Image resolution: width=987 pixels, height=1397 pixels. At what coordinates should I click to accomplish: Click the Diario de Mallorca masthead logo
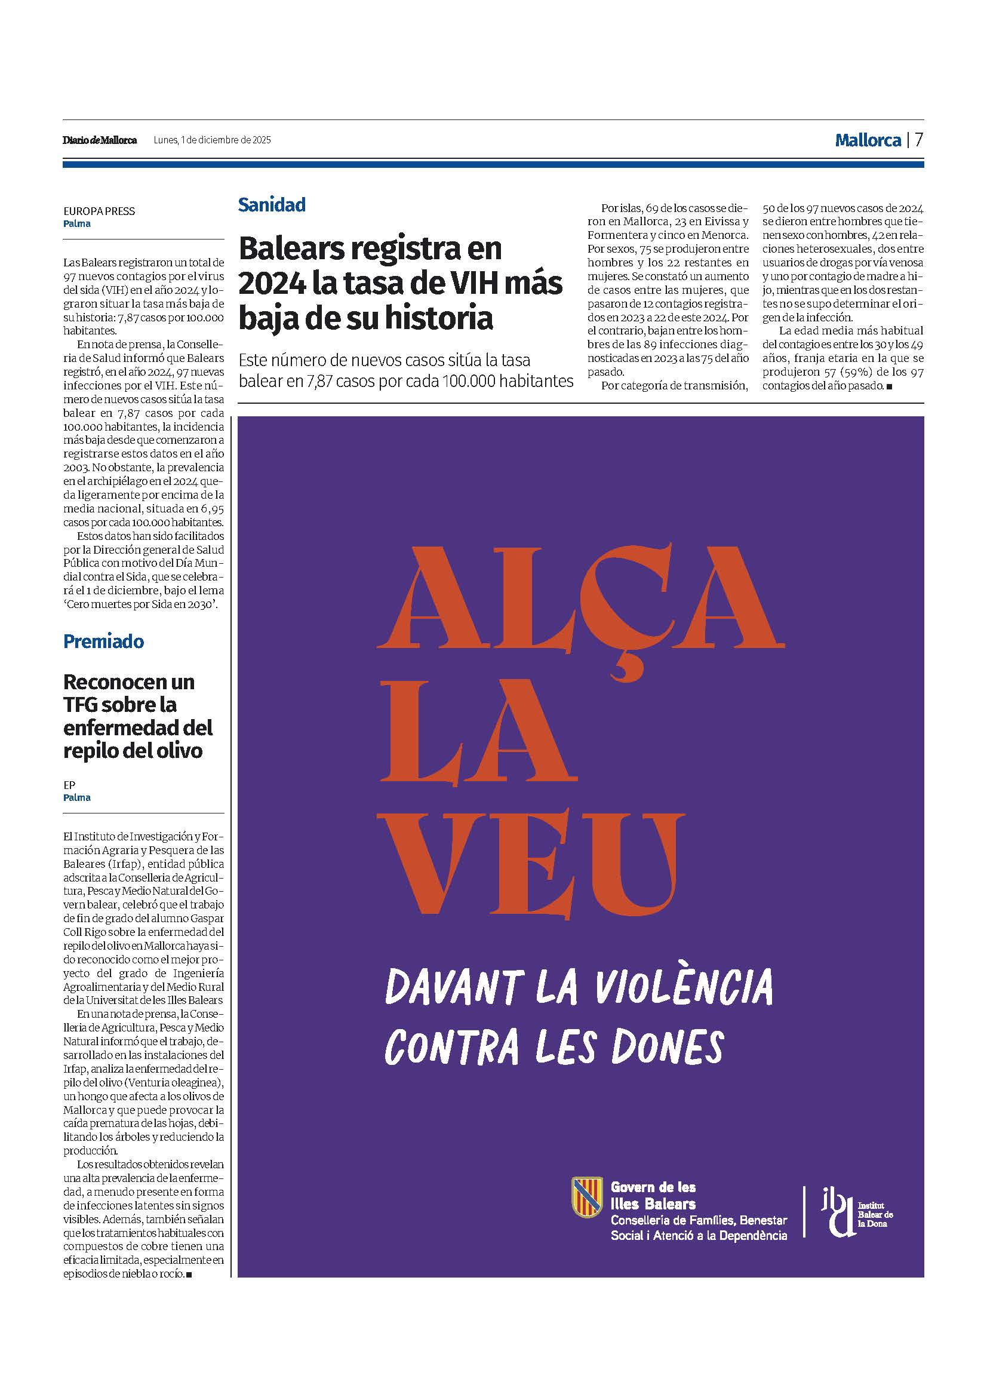(x=100, y=140)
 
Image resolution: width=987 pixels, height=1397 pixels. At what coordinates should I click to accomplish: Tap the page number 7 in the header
(x=918, y=140)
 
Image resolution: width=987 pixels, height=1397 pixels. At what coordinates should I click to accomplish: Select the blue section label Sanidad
(x=271, y=205)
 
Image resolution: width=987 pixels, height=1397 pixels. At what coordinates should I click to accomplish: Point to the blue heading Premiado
(x=103, y=641)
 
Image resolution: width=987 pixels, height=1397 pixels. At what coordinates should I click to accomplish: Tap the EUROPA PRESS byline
(x=99, y=211)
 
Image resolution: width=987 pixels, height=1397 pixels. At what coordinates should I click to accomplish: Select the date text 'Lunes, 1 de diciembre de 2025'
(x=212, y=140)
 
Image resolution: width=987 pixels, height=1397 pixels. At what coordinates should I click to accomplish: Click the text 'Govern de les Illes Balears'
(x=653, y=1195)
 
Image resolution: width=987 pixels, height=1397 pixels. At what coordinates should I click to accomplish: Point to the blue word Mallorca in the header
(x=868, y=140)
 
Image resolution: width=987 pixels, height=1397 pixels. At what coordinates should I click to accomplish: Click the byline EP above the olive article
(x=69, y=785)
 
